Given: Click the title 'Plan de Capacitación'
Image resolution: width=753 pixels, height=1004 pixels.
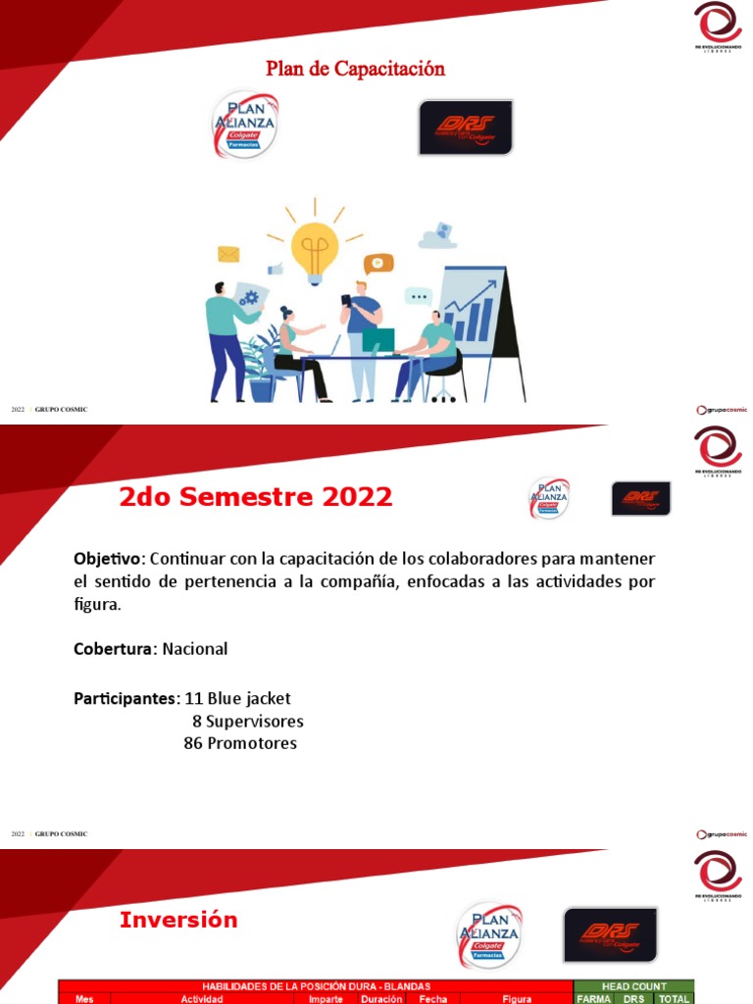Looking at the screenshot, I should pyautogui.click(x=355, y=69).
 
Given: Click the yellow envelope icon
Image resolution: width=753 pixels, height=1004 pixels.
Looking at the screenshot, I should pyautogui.click(x=228, y=254).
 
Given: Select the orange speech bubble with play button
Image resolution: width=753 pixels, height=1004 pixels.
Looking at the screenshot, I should pyautogui.click(x=377, y=263).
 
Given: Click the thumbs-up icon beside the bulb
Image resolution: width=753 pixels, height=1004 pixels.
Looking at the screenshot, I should pyautogui.click(x=276, y=269).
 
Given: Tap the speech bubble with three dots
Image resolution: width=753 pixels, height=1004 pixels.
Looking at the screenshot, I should pyautogui.click(x=419, y=296).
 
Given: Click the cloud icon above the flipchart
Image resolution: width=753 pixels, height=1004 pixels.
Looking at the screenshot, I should pyautogui.click(x=438, y=235).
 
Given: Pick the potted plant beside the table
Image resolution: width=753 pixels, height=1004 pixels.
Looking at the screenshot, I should pyautogui.click(x=260, y=368).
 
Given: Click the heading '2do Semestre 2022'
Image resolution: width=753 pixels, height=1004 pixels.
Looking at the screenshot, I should pyautogui.click(x=256, y=497).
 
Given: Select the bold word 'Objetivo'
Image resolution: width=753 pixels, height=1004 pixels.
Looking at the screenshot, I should pyautogui.click(x=108, y=558).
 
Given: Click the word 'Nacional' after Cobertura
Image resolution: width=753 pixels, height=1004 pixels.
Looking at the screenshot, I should pyautogui.click(x=195, y=648).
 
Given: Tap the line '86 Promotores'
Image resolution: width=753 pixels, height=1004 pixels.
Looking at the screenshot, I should pyautogui.click(x=240, y=743).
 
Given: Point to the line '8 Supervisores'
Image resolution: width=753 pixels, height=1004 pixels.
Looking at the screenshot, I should pyautogui.click(x=248, y=721).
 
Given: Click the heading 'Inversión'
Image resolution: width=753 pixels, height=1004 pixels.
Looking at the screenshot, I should pyautogui.click(x=178, y=920).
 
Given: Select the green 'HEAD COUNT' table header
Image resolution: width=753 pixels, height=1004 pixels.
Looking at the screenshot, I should pyautogui.click(x=633, y=986).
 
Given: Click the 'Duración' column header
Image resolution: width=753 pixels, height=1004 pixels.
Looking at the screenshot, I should pyautogui.click(x=380, y=999).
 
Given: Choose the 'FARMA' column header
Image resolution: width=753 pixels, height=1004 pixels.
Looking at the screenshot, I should pyautogui.click(x=593, y=999).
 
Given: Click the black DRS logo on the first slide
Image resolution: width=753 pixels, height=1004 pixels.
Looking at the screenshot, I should pyautogui.click(x=466, y=127).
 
